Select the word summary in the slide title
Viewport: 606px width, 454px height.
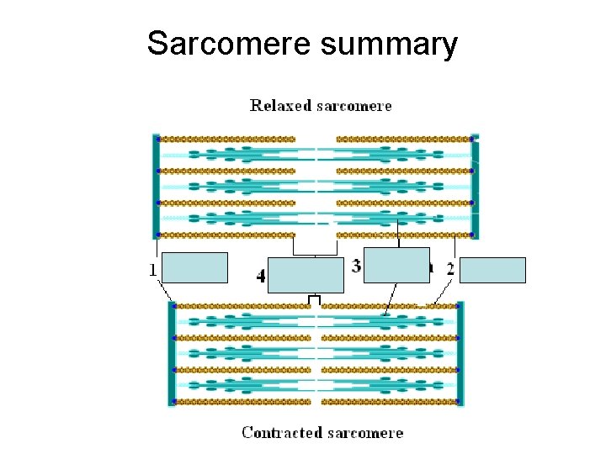389,43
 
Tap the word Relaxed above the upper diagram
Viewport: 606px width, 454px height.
280,106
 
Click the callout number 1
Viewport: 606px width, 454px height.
152,270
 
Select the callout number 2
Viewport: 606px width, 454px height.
450,269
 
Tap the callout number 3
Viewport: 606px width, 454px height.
356,267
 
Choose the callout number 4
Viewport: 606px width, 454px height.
261,276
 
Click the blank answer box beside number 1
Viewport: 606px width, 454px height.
195,267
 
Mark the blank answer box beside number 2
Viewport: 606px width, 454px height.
493,270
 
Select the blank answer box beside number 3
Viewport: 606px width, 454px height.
396,265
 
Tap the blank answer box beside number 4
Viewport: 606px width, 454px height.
306,275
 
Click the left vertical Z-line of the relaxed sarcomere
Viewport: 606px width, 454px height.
155,187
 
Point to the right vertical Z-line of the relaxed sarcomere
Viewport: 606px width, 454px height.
475,187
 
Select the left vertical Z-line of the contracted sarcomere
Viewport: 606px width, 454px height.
172,353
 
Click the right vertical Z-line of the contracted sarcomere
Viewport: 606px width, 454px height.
460,353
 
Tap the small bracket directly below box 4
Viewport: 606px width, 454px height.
314,299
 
